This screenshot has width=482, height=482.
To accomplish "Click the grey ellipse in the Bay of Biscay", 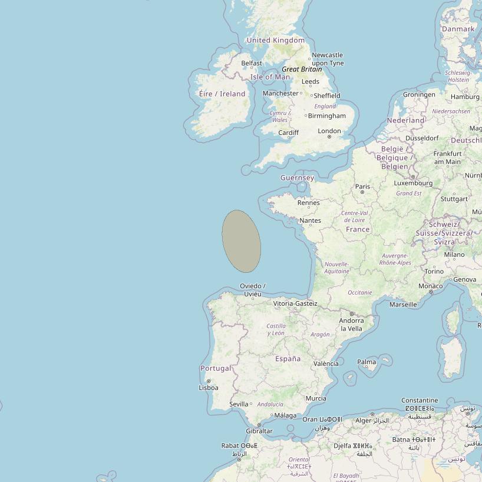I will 241,241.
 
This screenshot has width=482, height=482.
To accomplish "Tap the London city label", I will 329,131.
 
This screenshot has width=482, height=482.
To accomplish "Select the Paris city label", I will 362,186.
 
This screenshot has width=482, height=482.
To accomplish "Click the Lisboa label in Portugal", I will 209,388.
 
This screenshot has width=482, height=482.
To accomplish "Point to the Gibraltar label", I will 259,431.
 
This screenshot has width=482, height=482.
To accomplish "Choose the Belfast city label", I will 252,63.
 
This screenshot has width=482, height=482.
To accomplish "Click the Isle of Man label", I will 270,77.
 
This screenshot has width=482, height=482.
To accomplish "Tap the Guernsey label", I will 297,177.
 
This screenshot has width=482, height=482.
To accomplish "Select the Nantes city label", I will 310,220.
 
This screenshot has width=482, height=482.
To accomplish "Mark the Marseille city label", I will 403,305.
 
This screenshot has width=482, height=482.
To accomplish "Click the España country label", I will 288,358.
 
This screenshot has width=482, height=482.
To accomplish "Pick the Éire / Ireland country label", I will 222,94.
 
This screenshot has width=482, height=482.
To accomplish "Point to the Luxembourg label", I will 413,183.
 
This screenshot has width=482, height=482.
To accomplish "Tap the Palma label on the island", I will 367,362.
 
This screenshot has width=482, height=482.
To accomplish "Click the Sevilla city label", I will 239,404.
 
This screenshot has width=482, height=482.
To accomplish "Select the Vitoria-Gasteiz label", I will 295,303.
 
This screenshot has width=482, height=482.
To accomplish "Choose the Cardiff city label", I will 288,133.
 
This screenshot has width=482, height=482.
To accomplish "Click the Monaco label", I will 430,286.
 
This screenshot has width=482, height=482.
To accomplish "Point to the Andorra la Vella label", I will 351,325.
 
